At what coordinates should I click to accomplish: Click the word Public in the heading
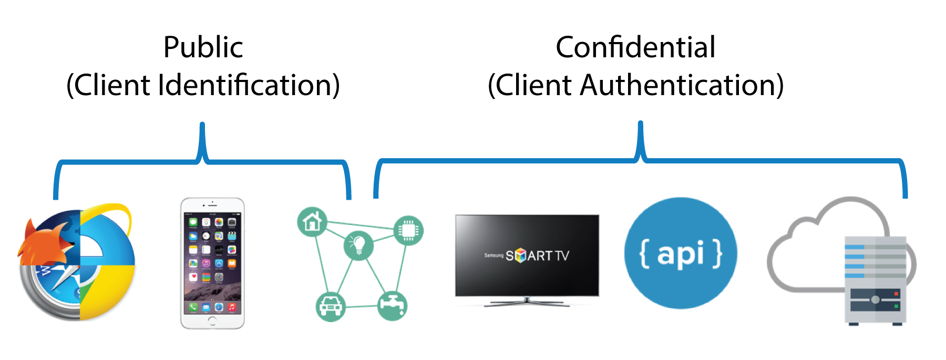tap(203, 47)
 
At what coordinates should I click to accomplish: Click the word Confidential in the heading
tap(635, 47)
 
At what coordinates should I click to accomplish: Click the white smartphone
tap(212, 263)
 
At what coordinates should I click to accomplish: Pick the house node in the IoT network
tap(312, 222)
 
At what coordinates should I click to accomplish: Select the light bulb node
tap(358, 245)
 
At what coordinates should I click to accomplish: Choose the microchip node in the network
tap(408, 230)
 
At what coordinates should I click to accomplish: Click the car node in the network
tap(331, 306)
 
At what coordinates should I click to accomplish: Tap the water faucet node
tap(392, 305)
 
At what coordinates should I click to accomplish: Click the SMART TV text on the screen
tap(537, 255)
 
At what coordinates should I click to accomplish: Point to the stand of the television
tap(527, 302)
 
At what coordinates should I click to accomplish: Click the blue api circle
tap(681, 253)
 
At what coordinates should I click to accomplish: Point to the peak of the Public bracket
tap(202, 126)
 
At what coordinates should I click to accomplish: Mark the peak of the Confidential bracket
tap(641, 125)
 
